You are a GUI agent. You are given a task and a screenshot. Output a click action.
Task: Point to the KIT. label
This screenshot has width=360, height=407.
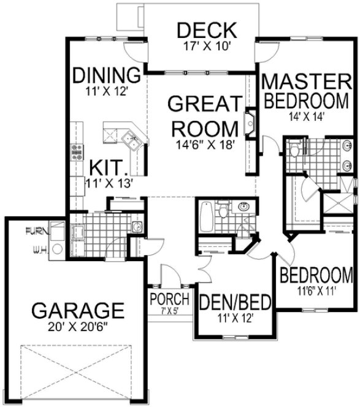(109, 167)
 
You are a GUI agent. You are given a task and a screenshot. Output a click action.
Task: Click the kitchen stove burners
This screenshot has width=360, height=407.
(78, 151)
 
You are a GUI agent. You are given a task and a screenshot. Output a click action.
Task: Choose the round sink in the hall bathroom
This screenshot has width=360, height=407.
(243, 206)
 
